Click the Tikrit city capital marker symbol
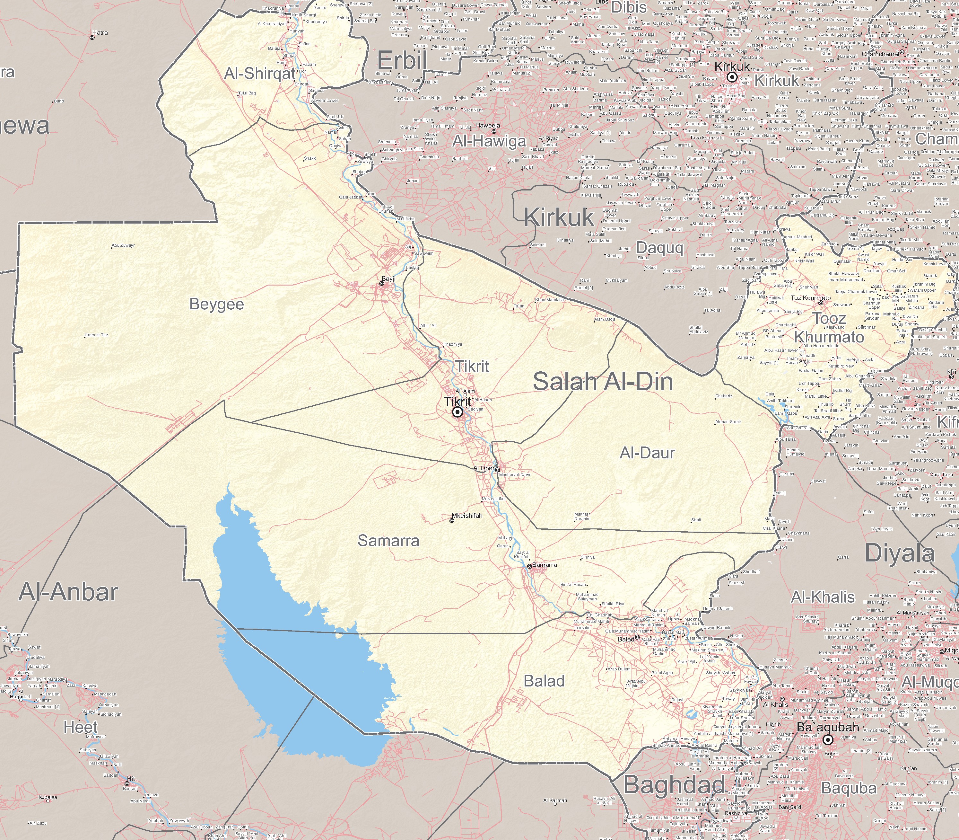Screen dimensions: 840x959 tap(457, 412)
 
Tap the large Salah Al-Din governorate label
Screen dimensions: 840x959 tap(603, 382)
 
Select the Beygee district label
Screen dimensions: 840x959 tap(216, 304)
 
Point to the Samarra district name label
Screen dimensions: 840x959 tap(388, 541)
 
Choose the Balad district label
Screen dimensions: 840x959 tap(544, 681)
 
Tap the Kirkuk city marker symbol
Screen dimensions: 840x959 tap(732, 77)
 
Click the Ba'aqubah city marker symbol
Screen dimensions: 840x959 tap(828, 740)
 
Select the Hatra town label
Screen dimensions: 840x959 tap(100, 33)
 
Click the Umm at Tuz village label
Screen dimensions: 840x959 tap(97, 335)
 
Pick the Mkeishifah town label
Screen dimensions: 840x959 tap(466, 516)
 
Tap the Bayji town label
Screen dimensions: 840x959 tap(388, 279)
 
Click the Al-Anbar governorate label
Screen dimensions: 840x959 tap(68, 592)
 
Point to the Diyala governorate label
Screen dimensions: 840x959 tap(900, 553)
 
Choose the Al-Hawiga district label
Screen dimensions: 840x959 tap(489, 142)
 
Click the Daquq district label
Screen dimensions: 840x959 tap(660, 248)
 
